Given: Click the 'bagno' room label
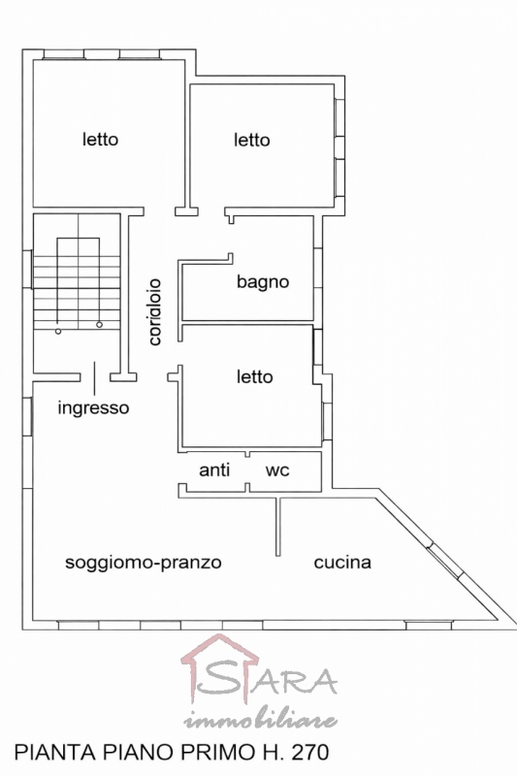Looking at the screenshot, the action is coord(263,282).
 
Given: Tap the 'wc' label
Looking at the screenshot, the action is coord(277,470).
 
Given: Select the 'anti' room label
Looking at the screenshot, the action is coord(214,469).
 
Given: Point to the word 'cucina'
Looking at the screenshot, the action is coord(342,563).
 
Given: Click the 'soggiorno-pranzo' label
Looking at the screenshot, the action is coord(144,563).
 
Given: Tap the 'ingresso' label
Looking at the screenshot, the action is coord(93,407).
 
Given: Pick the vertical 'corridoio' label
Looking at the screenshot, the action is coord(155,311).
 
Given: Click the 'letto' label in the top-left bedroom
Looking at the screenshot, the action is coord(101,139).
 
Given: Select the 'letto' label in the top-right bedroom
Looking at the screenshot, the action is coord(252,140).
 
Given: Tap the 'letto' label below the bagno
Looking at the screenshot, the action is coord(255,377).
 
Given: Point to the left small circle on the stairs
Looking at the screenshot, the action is coord(58,331).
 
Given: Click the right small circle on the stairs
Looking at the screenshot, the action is coord(100,325).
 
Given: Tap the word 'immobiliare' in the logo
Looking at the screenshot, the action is coord(261,721).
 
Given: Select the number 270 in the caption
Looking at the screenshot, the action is coord(310,753).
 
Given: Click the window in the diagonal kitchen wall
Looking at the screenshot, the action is coord(445,561).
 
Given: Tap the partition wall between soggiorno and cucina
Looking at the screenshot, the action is coord(278,527).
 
